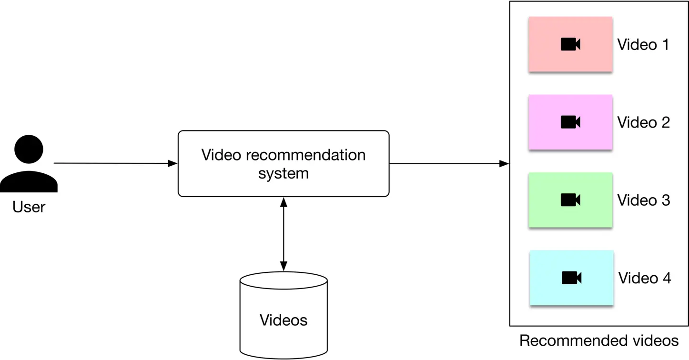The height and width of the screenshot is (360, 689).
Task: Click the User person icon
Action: (x=29, y=164)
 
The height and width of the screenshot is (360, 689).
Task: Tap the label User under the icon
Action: (x=29, y=207)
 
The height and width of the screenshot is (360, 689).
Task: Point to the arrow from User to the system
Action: (x=114, y=163)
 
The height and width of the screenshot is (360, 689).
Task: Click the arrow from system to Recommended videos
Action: (x=448, y=164)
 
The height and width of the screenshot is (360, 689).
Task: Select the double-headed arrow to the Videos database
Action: (x=284, y=233)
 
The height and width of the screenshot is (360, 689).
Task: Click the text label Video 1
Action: (x=643, y=45)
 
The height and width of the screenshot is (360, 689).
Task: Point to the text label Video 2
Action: (x=643, y=123)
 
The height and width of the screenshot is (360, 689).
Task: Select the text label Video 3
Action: (x=643, y=200)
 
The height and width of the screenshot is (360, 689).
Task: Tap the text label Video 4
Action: (x=644, y=278)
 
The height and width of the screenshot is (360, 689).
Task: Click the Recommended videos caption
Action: (x=598, y=341)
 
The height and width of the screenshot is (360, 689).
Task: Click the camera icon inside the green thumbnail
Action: (x=570, y=200)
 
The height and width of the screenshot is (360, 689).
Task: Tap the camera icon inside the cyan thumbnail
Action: (x=571, y=278)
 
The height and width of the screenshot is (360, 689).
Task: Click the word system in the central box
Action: (x=284, y=173)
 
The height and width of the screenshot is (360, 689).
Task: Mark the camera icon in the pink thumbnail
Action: (x=570, y=44)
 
